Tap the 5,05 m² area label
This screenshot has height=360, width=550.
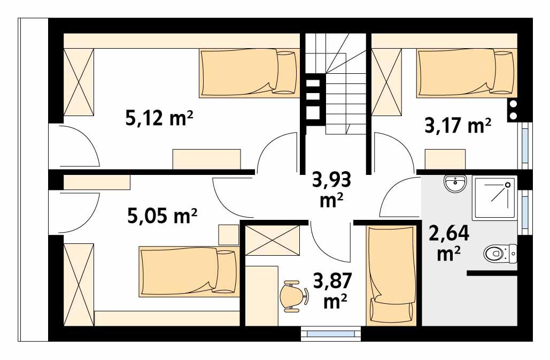162,217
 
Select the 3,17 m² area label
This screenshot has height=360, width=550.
458,126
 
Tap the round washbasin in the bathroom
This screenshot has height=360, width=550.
455,185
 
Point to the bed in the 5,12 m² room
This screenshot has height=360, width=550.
249,73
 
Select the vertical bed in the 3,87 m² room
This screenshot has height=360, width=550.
391,275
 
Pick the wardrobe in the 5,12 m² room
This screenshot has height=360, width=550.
79,82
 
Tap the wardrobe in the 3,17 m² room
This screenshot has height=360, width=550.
386,81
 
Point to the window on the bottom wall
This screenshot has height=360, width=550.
332,334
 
